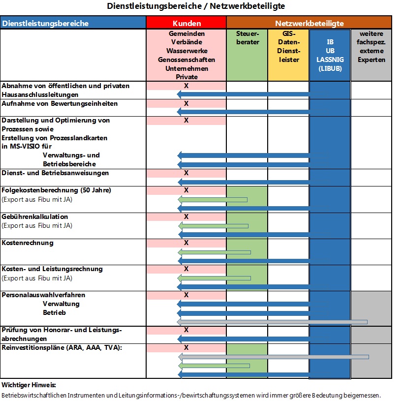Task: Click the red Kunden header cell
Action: [x=186, y=22]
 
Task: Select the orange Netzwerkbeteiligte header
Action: [x=309, y=22]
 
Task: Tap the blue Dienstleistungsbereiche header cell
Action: [x=73, y=22]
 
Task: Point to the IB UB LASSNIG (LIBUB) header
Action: [x=330, y=55]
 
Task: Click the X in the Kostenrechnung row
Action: [x=186, y=243]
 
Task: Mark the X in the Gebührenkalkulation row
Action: [x=186, y=216]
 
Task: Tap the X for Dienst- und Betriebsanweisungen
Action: [x=186, y=173]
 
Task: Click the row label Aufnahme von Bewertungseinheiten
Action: [x=60, y=104]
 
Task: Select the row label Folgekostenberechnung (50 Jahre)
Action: [x=56, y=190]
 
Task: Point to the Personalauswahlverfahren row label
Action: [x=43, y=295]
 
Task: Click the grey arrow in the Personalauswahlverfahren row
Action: [x=272, y=322]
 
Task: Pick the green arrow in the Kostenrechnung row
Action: [x=214, y=252]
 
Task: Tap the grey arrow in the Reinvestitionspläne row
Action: [x=274, y=357]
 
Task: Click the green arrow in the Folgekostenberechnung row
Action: [x=213, y=200]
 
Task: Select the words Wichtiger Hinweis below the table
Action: [x=29, y=385]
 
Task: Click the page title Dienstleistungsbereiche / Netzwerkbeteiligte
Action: [x=196, y=6]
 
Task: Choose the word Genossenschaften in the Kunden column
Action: [x=186, y=60]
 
